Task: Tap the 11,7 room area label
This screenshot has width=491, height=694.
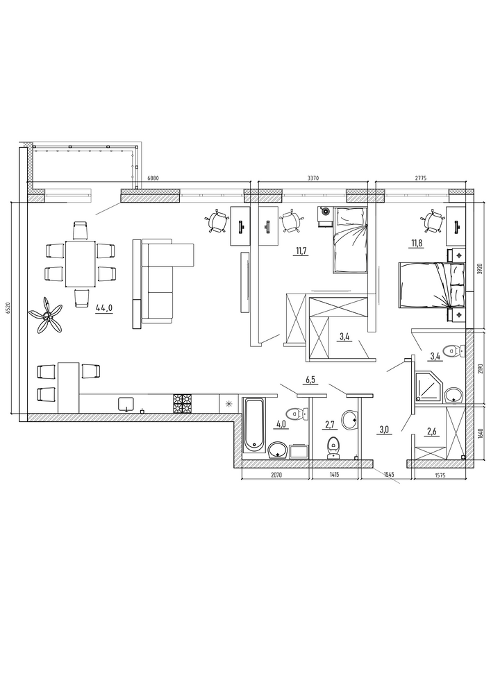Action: click(x=301, y=251)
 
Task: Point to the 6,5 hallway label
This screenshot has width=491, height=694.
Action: click(x=311, y=380)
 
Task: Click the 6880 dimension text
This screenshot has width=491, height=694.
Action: click(x=152, y=178)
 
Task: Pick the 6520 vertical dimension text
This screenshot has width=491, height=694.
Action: click(x=7, y=306)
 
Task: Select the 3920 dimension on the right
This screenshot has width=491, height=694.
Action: click(x=481, y=268)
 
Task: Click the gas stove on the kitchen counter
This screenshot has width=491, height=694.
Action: click(x=183, y=403)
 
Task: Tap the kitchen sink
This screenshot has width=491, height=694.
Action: click(x=126, y=404)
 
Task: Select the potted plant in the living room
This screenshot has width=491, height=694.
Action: click(x=46, y=315)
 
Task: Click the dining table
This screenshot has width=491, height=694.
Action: click(x=80, y=264)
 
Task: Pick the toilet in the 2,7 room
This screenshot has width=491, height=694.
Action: click(x=333, y=448)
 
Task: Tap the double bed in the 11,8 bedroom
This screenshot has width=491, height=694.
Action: click(x=432, y=285)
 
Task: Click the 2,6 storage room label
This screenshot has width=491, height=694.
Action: click(x=433, y=432)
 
